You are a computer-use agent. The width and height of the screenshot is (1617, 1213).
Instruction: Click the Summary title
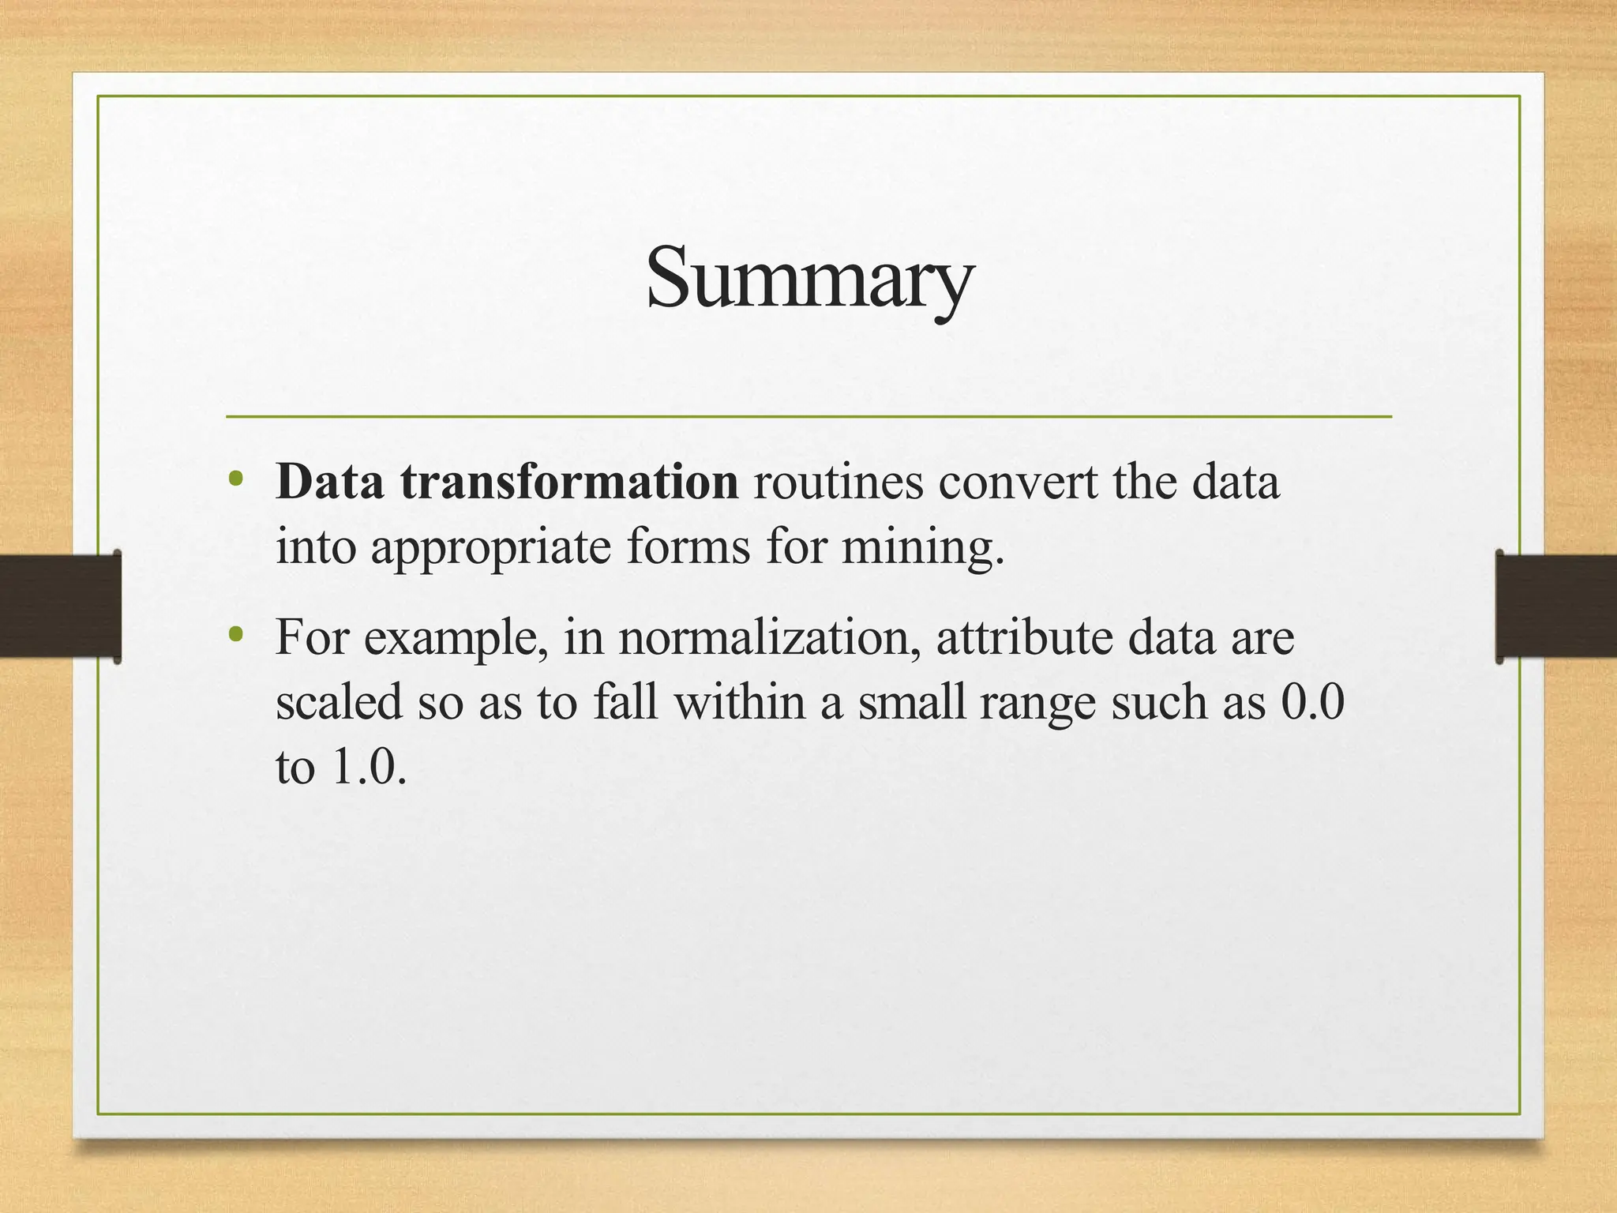810,278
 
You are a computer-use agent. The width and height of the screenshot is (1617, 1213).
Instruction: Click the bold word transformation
569,481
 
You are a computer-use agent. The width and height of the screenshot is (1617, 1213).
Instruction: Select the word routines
838,481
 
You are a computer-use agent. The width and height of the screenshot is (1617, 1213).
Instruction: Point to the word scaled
339,701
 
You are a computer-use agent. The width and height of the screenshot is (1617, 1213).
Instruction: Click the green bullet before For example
235,634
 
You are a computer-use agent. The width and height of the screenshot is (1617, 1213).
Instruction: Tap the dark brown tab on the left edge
60,606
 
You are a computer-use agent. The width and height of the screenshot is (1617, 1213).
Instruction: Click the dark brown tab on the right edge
1555,606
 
